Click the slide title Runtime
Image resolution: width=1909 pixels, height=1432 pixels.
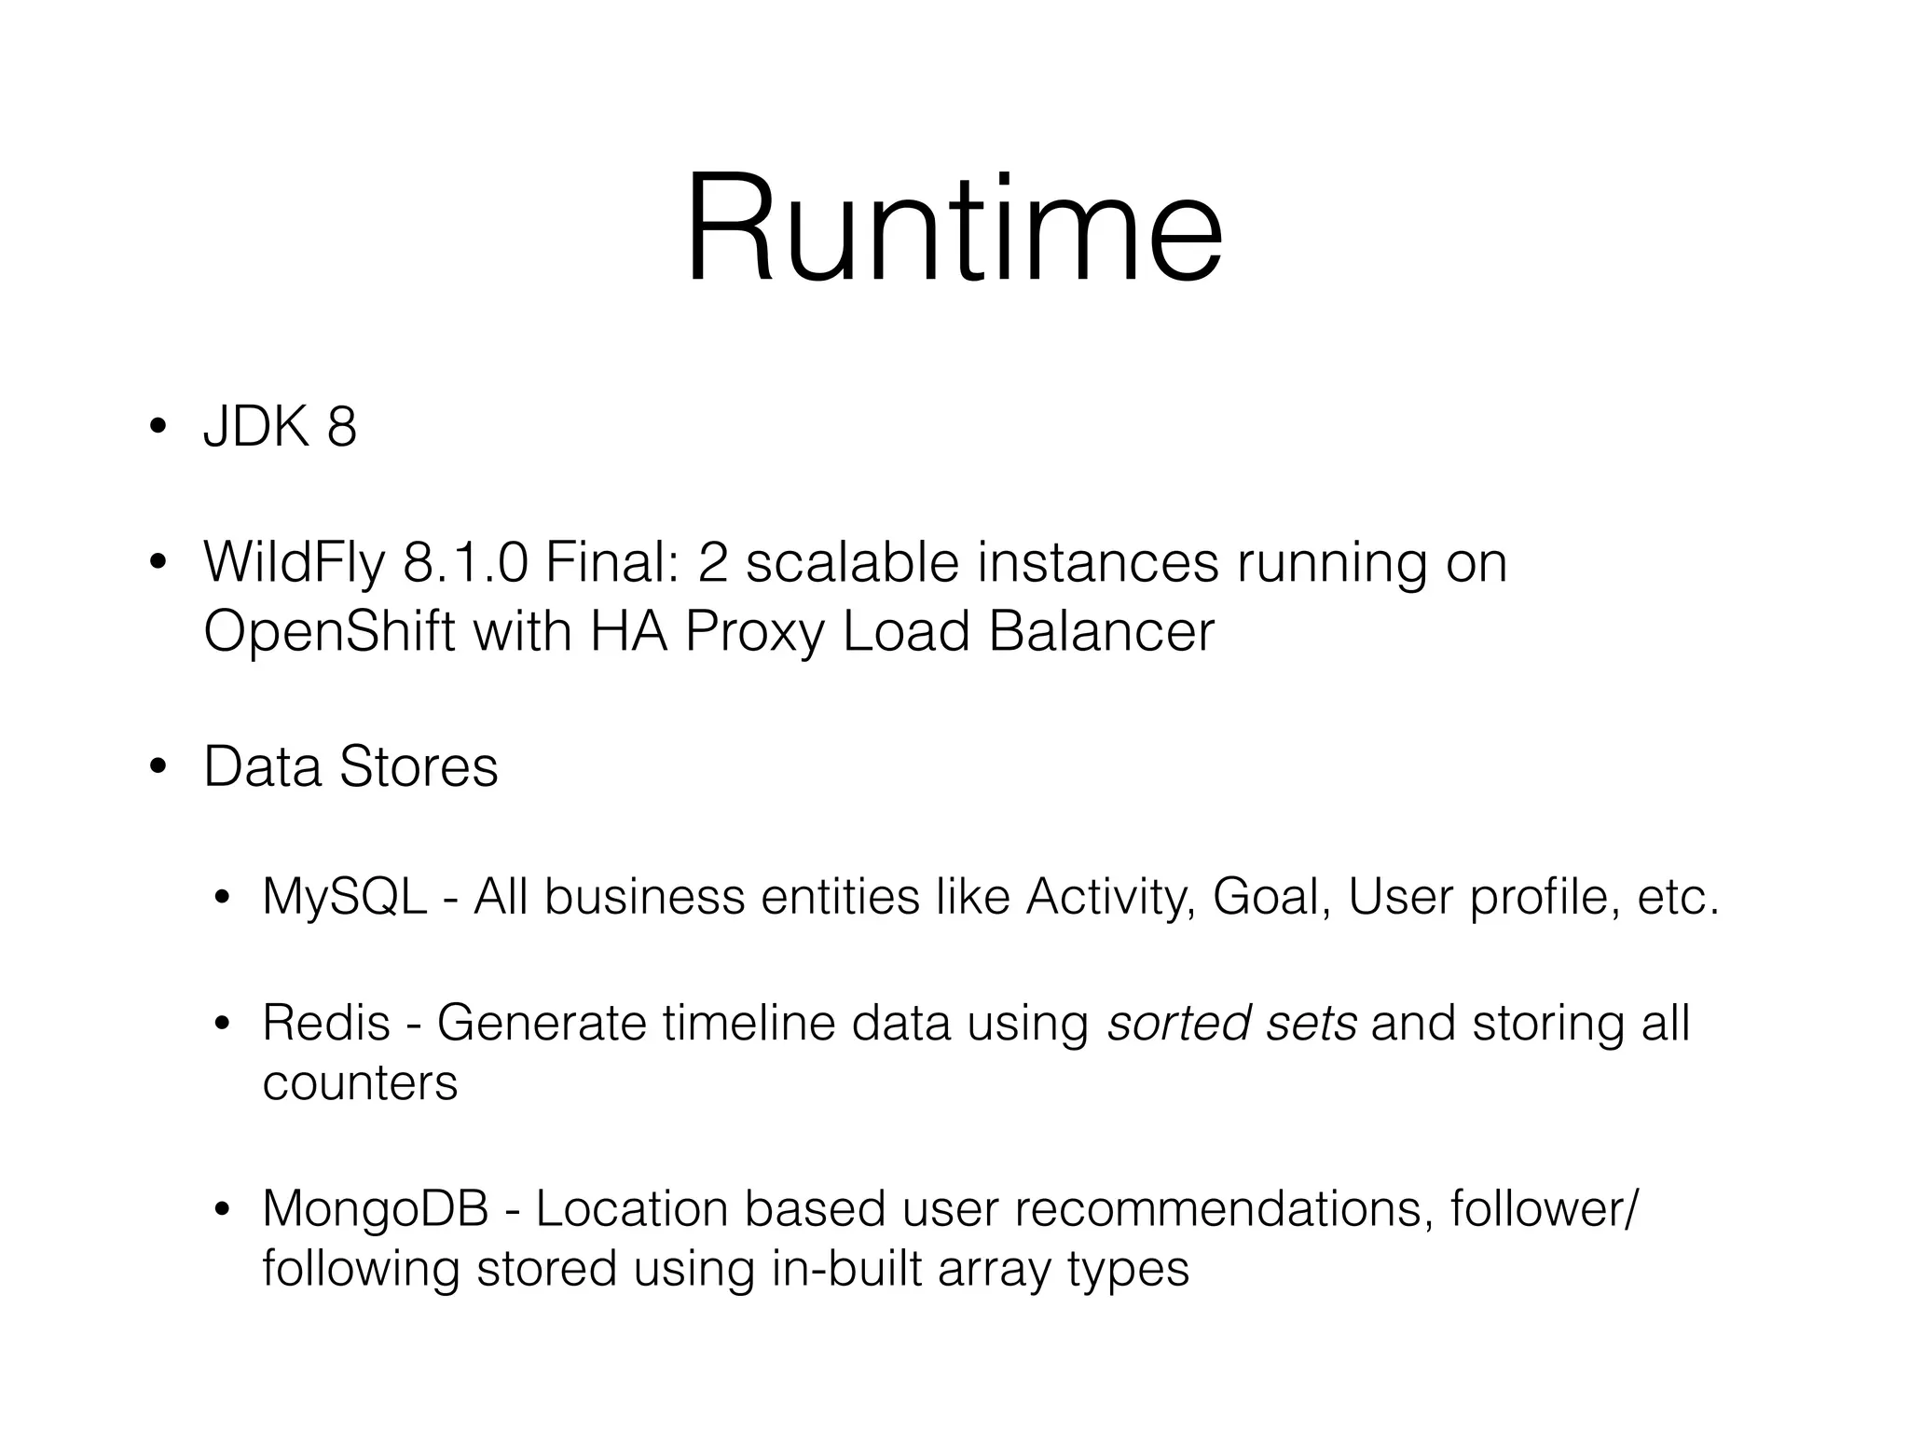[x=954, y=231]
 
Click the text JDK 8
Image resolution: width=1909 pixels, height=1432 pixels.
[x=280, y=428]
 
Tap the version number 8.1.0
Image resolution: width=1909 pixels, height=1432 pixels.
[x=465, y=563]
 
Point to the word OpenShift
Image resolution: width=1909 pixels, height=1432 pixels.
[x=329, y=632]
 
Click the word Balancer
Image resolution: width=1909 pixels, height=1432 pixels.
[x=1101, y=632]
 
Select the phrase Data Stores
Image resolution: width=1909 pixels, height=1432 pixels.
[x=350, y=767]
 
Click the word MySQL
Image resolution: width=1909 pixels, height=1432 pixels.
[x=344, y=898]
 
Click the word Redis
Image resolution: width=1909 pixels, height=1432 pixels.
[x=325, y=1023]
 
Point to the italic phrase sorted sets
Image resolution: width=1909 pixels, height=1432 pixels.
[x=1231, y=1023]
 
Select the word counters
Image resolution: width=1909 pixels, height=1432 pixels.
[x=360, y=1083]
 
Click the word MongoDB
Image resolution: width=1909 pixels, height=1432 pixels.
[x=375, y=1209]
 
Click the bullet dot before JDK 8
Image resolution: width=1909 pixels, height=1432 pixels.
[x=158, y=428]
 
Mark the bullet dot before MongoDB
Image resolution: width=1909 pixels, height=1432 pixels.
[x=221, y=1210]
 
